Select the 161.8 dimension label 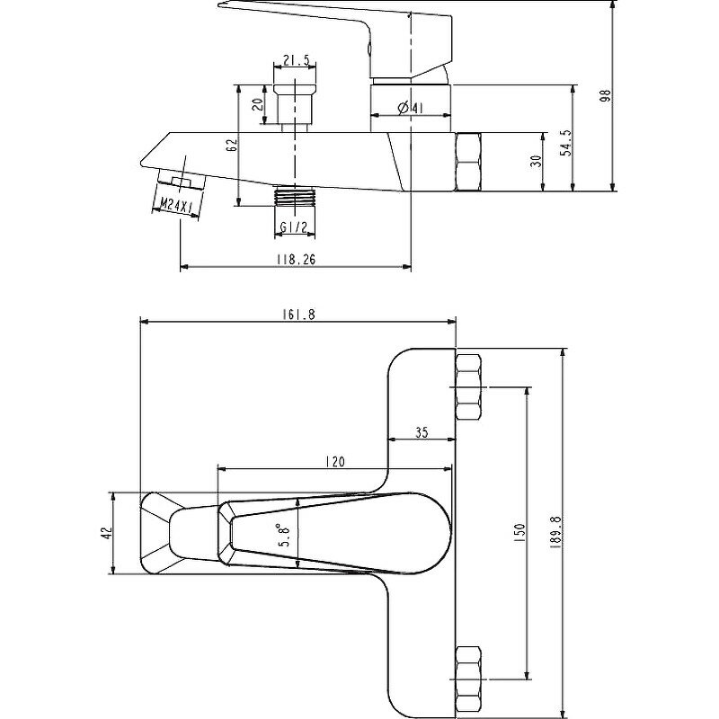297,315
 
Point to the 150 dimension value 519,532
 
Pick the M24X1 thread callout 173,207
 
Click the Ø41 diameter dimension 410,109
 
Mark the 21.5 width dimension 296,61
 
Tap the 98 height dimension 605,95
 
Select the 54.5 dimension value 565,143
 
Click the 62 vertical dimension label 231,145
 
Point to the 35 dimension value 422,432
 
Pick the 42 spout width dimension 104,533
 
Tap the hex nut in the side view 469,162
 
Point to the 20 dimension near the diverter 259,104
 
